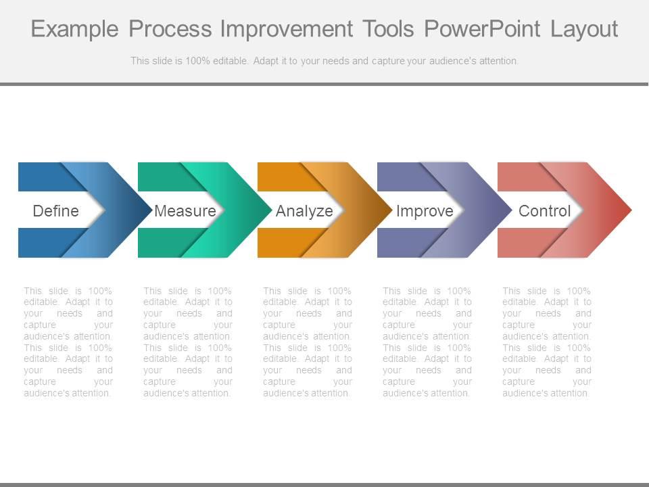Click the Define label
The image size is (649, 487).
click(x=56, y=211)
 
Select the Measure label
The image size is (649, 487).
click(x=185, y=211)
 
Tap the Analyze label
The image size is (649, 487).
click(x=304, y=211)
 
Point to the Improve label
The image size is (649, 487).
click(x=425, y=211)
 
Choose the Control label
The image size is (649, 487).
click(x=544, y=211)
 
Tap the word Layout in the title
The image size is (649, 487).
click(x=584, y=30)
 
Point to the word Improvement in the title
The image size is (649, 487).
click(x=285, y=30)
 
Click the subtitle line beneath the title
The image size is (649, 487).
click(x=324, y=61)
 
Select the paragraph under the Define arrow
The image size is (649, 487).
click(x=68, y=342)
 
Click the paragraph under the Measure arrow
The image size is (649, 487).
click(x=188, y=342)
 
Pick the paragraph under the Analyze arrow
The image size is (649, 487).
click(x=308, y=342)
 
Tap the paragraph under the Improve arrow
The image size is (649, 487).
click(x=427, y=342)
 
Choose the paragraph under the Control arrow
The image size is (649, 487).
click(x=547, y=342)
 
